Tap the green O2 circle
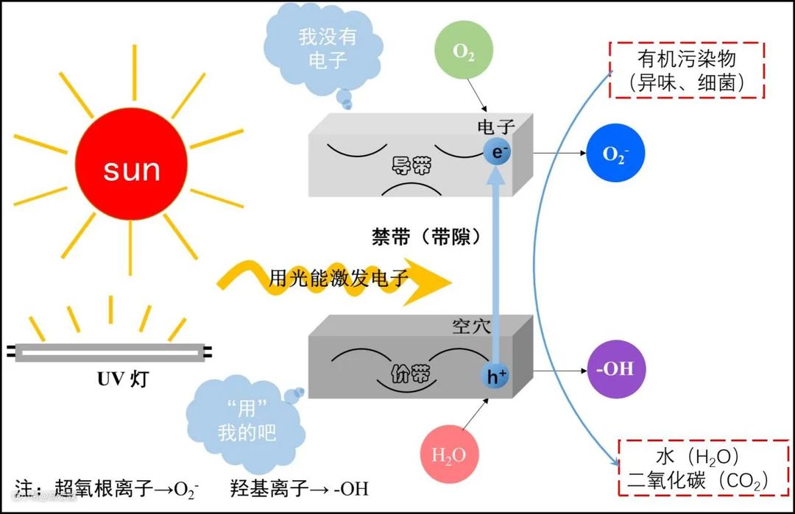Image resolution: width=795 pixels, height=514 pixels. point(463,52)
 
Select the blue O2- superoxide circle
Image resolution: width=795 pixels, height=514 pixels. point(615,154)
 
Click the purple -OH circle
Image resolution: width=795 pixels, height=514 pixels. point(615,368)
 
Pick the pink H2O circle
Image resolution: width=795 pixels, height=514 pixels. point(448,455)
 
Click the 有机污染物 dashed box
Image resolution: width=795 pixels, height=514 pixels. point(687,71)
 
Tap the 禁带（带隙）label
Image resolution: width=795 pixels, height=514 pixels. point(426,238)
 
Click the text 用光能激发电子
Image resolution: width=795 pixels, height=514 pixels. point(339,278)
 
